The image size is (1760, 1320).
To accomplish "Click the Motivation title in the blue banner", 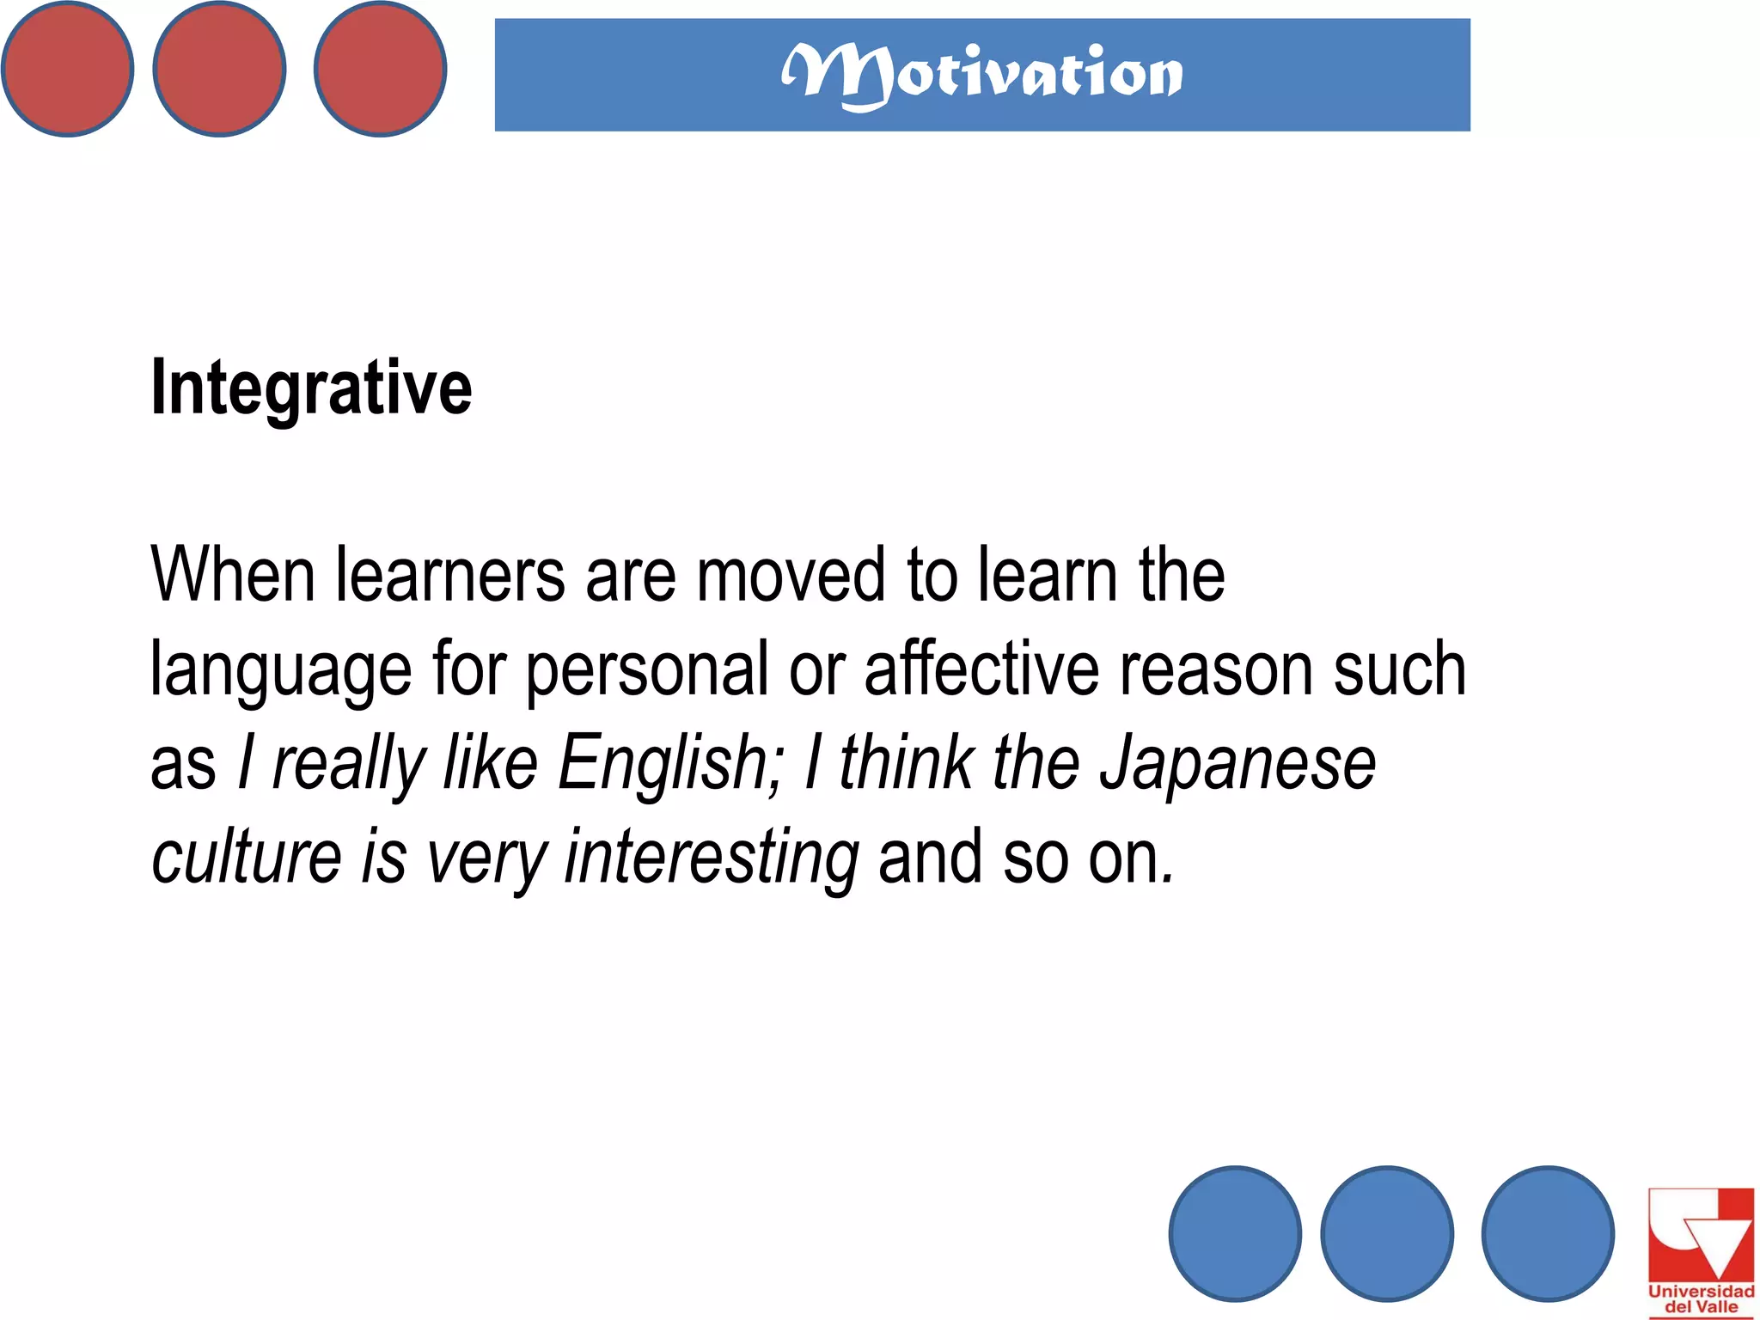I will pyautogui.click(x=981, y=75).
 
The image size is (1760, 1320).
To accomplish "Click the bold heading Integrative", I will pyautogui.click(x=311, y=388).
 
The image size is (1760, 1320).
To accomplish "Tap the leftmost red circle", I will pyautogui.click(x=67, y=69).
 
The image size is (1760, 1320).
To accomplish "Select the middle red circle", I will pyautogui.click(x=219, y=69).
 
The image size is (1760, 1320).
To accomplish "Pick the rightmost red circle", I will pyautogui.click(x=380, y=69).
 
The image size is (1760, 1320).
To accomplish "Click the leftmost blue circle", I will pyautogui.click(x=1235, y=1233).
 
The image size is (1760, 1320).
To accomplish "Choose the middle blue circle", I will pyautogui.click(x=1387, y=1233).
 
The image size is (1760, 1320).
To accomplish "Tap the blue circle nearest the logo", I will pyautogui.click(x=1548, y=1233).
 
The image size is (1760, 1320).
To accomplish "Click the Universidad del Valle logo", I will pyautogui.click(x=1701, y=1251).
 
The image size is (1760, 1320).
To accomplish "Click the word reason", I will pyautogui.click(x=1216, y=670).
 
